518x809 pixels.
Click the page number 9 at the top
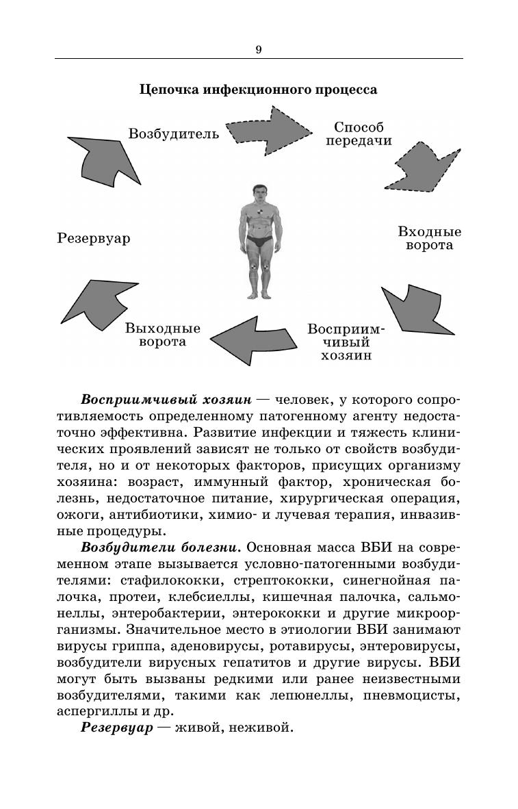point(259,49)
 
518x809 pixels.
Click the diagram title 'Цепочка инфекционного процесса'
point(259,90)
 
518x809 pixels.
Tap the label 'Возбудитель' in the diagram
point(174,133)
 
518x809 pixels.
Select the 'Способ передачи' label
point(359,134)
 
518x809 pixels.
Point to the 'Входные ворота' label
point(430,238)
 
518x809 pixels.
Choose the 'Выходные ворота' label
point(163,335)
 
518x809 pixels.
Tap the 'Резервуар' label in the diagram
point(93,239)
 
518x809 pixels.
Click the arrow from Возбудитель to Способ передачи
point(268,129)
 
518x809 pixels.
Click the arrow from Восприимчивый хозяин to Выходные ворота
point(253,338)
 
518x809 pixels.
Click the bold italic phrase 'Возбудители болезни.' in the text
point(161,548)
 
